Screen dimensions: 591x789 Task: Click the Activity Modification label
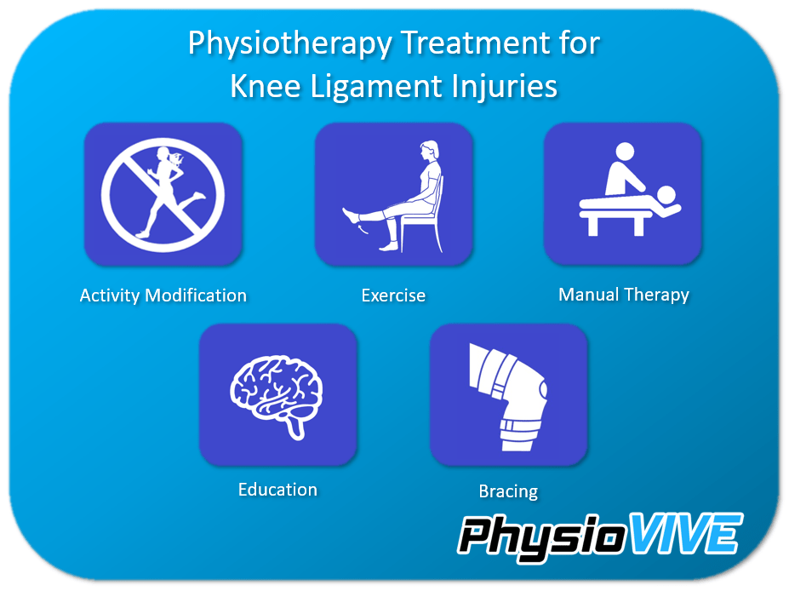click(x=163, y=295)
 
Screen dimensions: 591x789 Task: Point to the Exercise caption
click(x=393, y=296)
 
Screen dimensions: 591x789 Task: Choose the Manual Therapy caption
click(x=624, y=295)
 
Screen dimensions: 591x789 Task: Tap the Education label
click(x=277, y=490)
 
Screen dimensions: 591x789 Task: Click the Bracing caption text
click(x=508, y=491)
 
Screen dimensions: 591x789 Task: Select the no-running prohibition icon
click(x=163, y=194)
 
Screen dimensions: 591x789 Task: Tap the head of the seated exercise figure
click(x=429, y=153)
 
